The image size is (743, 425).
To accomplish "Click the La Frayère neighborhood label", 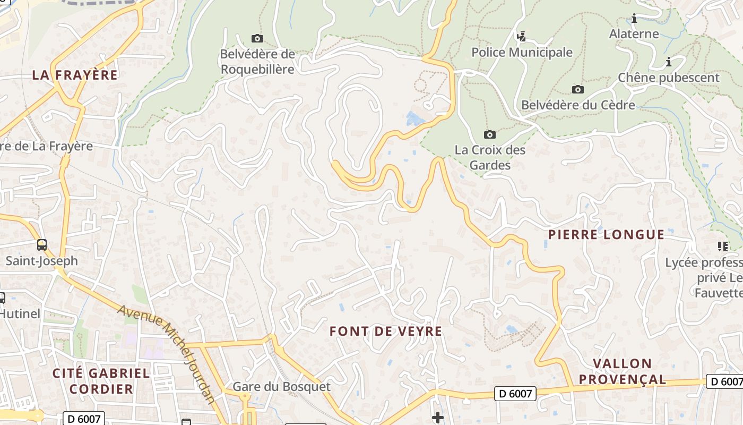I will click(75, 75).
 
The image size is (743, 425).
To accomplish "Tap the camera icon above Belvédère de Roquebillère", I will click(257, 38).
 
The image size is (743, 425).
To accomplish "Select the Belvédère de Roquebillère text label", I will click(257, 62).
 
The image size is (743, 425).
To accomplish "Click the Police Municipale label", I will click(522, 52).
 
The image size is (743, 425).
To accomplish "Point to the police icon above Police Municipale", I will click(522, 36).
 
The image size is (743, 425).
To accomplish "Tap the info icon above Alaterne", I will click(634, 19).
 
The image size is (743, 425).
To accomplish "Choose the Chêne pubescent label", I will click(668, 78).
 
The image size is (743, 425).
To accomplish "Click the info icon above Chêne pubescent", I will click(669, 62).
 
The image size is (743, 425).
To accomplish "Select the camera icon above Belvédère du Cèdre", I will click(578, 89).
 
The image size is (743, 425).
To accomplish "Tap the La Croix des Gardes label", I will click(490, 157).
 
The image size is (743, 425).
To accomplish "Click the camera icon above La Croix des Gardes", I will click(490, 134).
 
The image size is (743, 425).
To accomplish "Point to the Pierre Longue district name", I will click(606, 234).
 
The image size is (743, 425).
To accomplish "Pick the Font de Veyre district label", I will click(386, 331).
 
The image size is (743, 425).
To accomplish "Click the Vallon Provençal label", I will click(622, 371).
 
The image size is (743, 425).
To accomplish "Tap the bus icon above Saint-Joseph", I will click(41, 245).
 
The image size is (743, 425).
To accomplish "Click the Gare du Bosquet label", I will click(281, 387).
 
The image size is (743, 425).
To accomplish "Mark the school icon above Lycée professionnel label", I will click(722, 246).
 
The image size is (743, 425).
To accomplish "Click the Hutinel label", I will click(20, 313).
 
